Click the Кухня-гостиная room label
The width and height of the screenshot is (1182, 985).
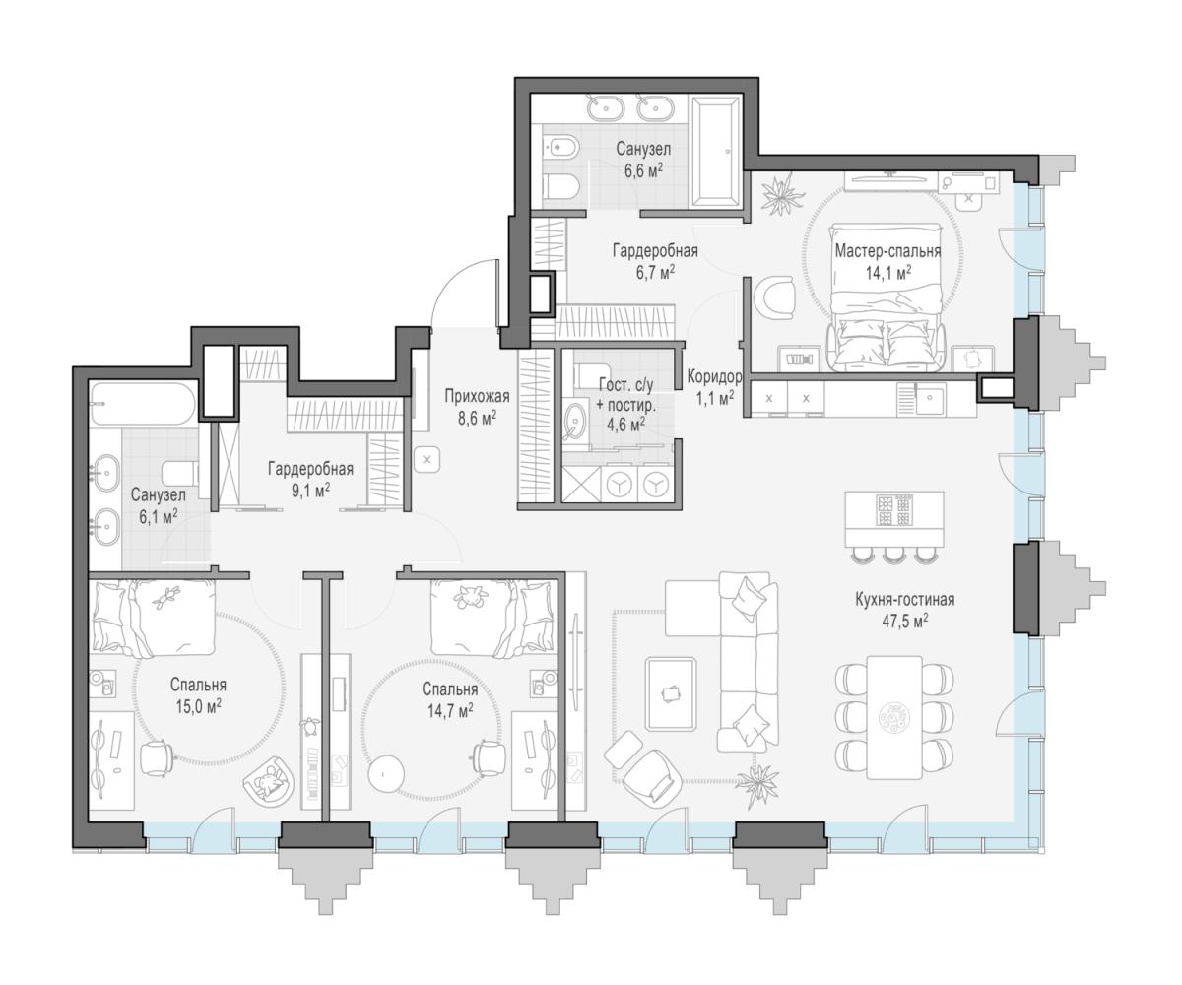[x=904, y=600]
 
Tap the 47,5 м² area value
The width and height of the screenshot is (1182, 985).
[x=904, y=621]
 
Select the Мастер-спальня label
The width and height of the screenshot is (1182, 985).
[x=887, y=251]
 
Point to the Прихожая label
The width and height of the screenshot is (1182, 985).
[x=477, y=396]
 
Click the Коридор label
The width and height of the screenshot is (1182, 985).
[x=714, y=376]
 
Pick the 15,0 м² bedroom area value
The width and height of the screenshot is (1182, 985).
[x=198, y=706]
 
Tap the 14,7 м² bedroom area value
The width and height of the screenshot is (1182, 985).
[x=450, y=710]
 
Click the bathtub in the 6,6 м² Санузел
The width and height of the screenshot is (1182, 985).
[x=715, y=151]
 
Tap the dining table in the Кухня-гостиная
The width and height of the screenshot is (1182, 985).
[x=894, y=717]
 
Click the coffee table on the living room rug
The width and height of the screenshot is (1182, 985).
[x=671, y=693]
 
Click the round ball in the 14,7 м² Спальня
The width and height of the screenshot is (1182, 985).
[x=387, y=770]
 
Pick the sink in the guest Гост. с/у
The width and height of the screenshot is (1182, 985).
[x=575, y=421]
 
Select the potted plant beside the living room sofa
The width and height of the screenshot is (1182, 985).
[x=755, y=784]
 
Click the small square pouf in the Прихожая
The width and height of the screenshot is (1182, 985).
[x=427, y=460]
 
